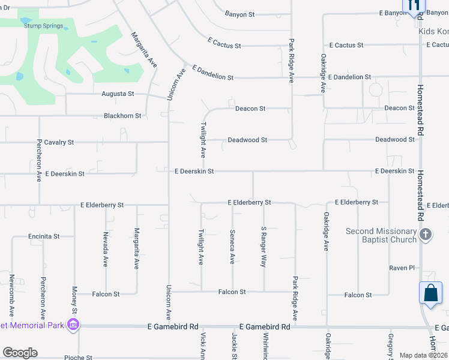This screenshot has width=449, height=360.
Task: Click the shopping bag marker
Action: (431, 293)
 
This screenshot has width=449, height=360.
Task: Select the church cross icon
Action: (426, 235)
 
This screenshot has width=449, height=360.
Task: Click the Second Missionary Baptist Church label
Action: (381, 235)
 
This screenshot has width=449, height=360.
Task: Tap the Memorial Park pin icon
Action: (73, 326)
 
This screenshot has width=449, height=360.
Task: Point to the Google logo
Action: (20, 353)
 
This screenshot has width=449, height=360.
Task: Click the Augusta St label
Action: (118, 94)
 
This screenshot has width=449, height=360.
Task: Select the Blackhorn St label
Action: (122, 116)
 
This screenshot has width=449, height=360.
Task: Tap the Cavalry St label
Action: (59, 142)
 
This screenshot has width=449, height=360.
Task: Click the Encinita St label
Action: (44, 236)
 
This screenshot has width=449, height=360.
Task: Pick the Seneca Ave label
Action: (232, 247)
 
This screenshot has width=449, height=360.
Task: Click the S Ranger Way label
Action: (263, 247)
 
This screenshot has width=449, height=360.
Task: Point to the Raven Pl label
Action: (402, 268)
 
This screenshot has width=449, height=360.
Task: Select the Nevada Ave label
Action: (106, 249)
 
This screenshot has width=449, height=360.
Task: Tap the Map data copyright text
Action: (423, 355)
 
